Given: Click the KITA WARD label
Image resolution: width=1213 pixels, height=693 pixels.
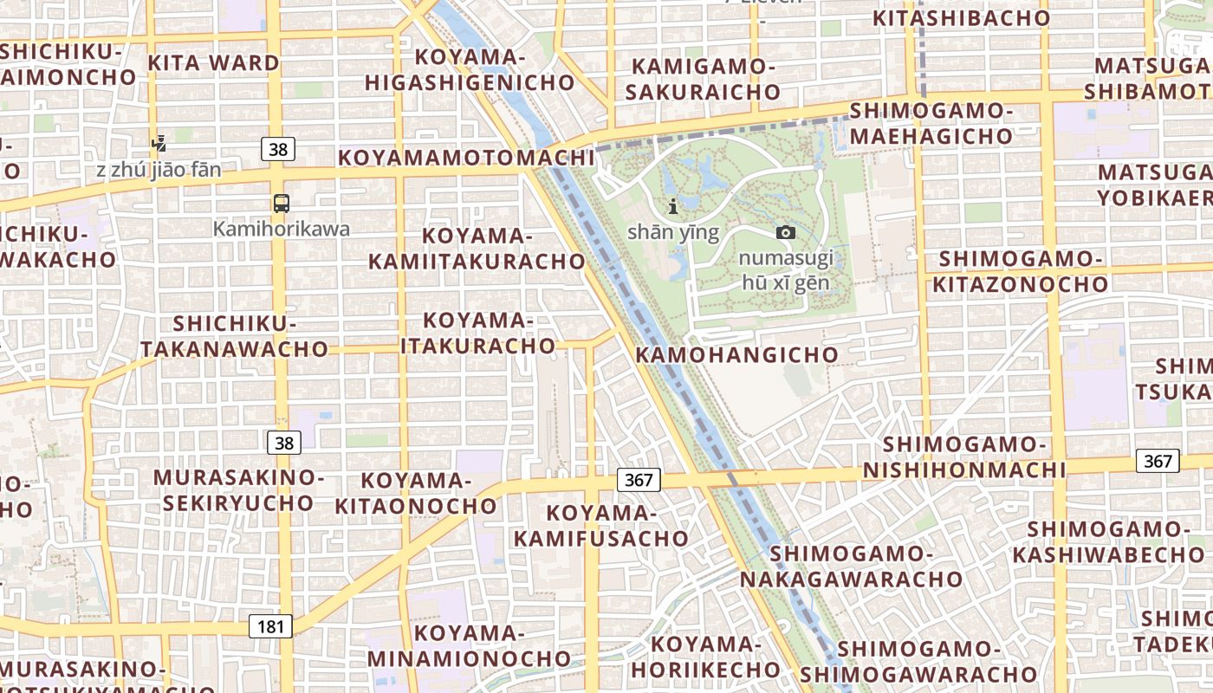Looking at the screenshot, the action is click(x=213, y=62).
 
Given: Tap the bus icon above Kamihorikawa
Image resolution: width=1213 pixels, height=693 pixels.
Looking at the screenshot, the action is click(x=282, y=204).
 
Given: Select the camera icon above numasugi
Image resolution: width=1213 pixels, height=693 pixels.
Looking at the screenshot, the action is click(x=786, y=232).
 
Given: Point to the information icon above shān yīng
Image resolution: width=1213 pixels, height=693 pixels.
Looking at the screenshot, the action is click(x=673, y=206).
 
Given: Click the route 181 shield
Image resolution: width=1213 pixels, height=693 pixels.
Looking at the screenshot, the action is click(x=270, y=626).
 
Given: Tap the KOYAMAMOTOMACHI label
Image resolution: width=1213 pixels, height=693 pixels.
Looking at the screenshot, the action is click(x=466, y=158).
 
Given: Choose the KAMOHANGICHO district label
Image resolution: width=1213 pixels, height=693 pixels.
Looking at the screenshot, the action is click(x=737, y=354).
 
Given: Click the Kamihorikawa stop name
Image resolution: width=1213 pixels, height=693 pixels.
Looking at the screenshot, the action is click(x=282, y=229).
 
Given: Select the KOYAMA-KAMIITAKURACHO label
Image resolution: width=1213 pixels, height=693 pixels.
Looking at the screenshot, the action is click(x=477, y=249).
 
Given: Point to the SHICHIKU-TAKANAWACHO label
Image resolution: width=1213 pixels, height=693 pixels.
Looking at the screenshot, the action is click(x=235, y=336).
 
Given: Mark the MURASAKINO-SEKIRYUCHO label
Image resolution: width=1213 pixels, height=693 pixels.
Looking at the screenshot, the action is click(x=238, y=490).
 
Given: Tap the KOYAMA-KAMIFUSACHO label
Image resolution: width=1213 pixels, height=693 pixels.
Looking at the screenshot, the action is click(x=601, y=526).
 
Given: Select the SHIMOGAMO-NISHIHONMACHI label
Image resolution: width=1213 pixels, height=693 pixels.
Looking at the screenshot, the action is click(x=964, y=457).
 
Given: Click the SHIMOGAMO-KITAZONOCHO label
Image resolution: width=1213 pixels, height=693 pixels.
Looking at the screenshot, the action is click(x=1020, y=271).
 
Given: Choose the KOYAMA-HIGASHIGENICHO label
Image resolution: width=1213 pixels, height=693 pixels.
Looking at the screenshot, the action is click(x=470, y=70).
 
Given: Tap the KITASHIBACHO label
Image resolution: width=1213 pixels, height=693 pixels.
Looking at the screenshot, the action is click(x=961, y=17).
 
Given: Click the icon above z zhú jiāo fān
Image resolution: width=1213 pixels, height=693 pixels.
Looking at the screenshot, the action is click(x=158, y=143).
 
